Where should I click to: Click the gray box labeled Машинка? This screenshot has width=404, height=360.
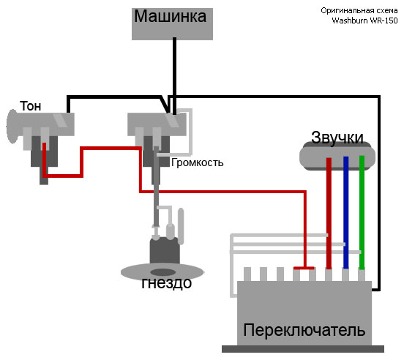(x=172, y=24)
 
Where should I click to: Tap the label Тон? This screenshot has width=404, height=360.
(x=31, y=106)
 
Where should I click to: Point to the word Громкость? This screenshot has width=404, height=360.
(x=197, y=162)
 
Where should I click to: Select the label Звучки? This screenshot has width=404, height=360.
(x=337, y=138)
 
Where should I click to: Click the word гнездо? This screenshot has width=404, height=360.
(x=167, y=282)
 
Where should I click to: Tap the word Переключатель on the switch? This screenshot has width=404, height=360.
(x=304, y=330)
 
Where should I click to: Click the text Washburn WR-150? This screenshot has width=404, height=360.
(x=364, y=20)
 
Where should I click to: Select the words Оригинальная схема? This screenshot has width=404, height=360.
(x=359, y=10)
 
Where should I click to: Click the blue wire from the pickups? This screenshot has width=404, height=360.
(x=345, y=212)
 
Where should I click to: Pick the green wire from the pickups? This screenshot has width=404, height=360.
(x=362, y=212)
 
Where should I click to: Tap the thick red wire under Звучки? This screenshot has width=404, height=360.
(x=329, y=213)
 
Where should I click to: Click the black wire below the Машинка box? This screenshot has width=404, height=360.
(x=174, y=76)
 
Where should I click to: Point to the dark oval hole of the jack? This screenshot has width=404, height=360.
(x=162, y=272)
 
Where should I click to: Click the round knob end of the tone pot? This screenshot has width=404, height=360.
(x=12, y=126)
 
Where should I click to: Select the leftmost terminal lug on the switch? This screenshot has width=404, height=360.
(x=247, y=274)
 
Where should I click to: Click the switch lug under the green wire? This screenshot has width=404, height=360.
(x=362, y=275)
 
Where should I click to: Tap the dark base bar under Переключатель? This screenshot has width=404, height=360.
(x=303, y=349)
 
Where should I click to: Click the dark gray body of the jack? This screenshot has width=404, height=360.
(x=165, y=251)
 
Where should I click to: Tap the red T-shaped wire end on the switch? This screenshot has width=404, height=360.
(x=304, y=268)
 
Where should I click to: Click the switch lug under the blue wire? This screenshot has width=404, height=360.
(x=345, y=275)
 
